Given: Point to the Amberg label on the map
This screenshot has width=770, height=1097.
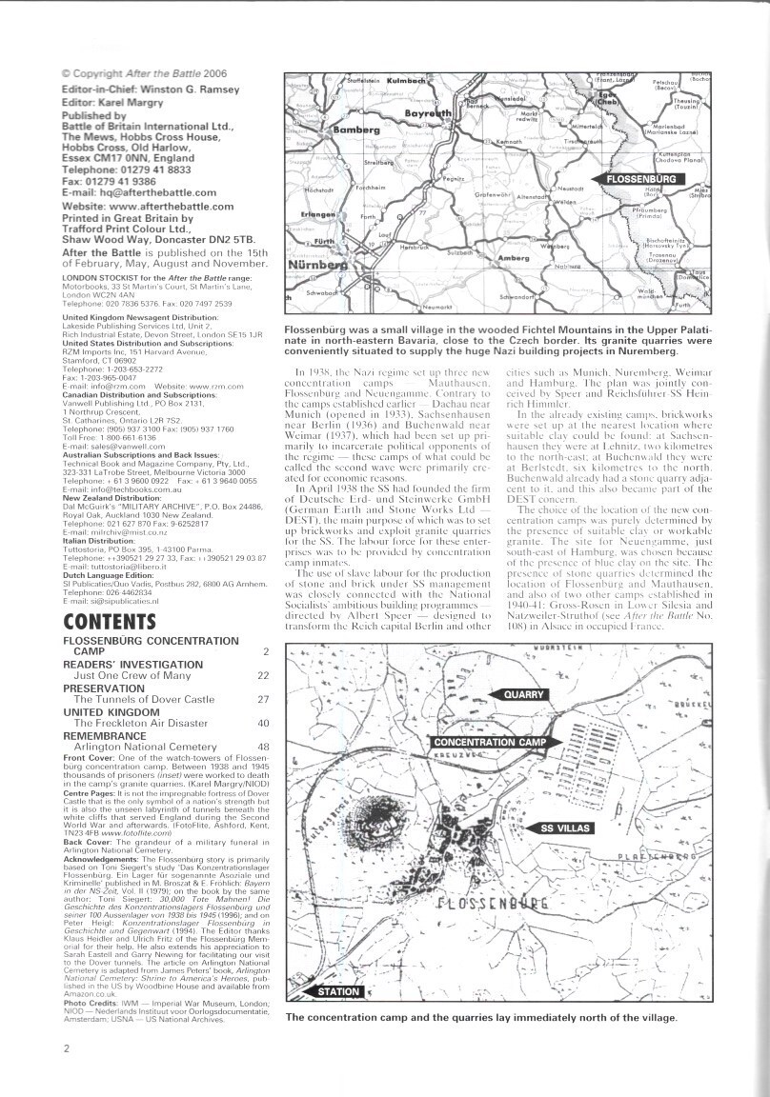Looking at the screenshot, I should tap(514, 257).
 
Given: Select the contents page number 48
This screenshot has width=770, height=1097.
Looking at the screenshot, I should tap(263, 746).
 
